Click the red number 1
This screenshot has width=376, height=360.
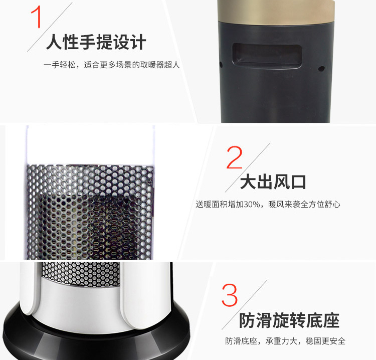tap(37, 17)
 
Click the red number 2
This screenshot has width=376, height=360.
tap(235, 157)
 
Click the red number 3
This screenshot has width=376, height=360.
tap(230, 295)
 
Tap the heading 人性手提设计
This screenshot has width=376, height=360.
tap(96, 42)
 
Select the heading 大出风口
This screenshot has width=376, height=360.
tap(273, 182)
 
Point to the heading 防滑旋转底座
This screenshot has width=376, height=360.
tap(289, 320)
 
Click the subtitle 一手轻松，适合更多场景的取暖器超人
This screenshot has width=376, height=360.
tap(112, 65)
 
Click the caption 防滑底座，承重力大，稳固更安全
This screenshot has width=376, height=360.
tap(285, 341)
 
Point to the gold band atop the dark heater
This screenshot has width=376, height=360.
tap(276, 12)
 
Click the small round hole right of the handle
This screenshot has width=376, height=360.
tap(321, 69)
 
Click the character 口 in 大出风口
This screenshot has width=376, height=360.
tap(298, 182)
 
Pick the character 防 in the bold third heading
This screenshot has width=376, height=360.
tap(247, 320)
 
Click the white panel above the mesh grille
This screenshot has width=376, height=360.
tap(90, 145)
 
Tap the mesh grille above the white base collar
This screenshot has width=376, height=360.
tap(80, 273)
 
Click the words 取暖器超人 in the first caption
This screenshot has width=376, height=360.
tap(160, 65)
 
